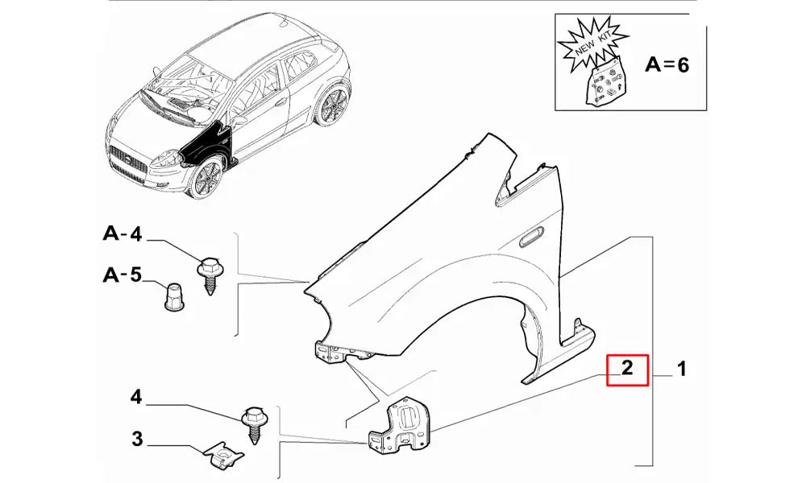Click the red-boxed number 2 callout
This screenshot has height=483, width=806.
[x=627, y=369]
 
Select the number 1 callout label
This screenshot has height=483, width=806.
[x=681, y=369]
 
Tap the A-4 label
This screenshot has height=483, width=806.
[x=123, y=234]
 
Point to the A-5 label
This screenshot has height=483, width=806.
[x=123, y=275]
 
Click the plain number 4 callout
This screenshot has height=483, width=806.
[x=135, y=397]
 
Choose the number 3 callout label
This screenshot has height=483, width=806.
[x=137, y=440]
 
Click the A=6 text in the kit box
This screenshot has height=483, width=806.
[x=667, y=64]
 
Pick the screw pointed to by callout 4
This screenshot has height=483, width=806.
[x=253, y=424]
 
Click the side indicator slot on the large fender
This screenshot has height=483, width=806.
[x=530, y=237]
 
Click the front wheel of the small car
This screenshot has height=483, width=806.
[x=206, y=179]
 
